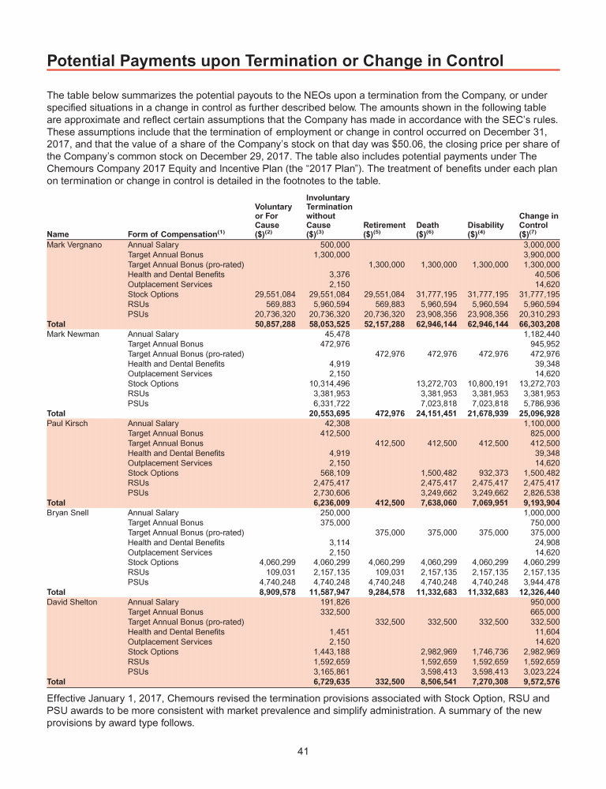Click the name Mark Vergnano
[74, 245]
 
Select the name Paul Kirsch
[68, 424]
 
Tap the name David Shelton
[73, 602]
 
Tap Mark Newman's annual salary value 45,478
[335, 335]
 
